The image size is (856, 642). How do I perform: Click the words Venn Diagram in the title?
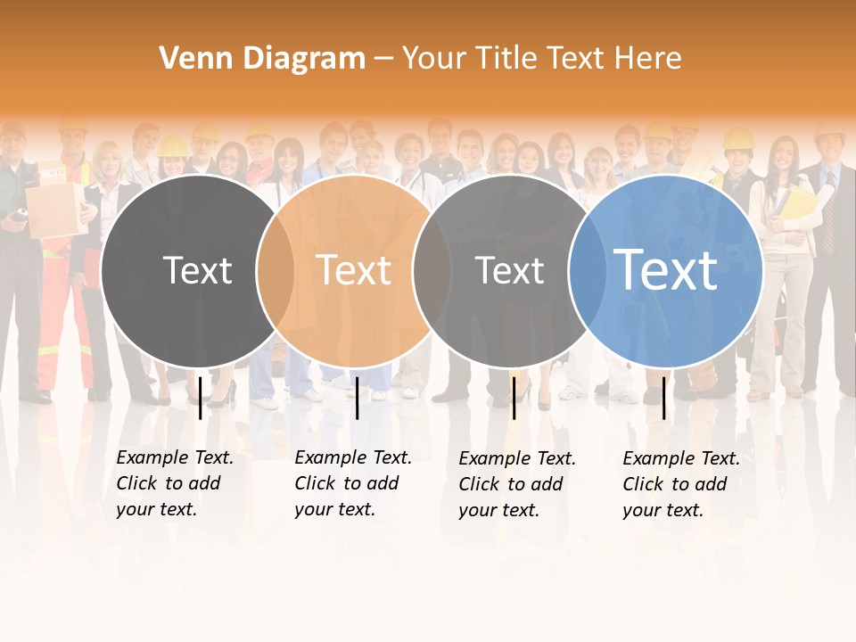click(262, 59)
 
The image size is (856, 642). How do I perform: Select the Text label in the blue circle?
click(665, 270)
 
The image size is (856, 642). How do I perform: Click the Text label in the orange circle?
click(354, 270)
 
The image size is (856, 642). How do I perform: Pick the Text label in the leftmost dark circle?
click(197, 270)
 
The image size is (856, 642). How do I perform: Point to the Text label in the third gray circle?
click(509, 270)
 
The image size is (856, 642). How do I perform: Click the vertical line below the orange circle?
click(357, 398)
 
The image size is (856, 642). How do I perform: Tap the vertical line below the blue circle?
click(664, 398)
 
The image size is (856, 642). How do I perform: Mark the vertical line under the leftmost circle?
click(201, 398)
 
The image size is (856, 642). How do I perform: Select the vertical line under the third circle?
click(514, 398)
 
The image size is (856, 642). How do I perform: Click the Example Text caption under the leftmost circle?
click(175, 483)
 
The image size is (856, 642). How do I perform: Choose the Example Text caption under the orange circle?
click(353, 483)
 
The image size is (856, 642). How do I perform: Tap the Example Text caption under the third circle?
click(517, 484)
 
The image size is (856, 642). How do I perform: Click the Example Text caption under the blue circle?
click(681, 484)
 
